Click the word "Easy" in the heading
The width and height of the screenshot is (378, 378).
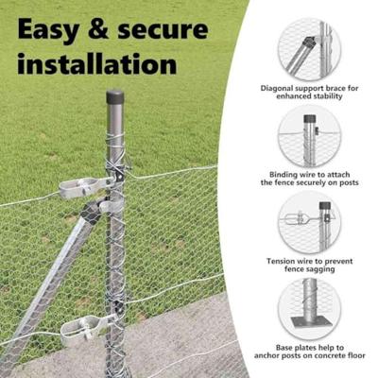[x=48, y=30]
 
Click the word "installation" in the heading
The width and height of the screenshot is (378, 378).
[x=97, y=63]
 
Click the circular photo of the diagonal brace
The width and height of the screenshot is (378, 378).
[x=309, y=50]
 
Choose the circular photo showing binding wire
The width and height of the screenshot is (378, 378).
[x=309, y=136]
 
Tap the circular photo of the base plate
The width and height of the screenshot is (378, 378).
[x=309, y=309]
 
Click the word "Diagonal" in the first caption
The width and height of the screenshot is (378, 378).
[x=277, y=88]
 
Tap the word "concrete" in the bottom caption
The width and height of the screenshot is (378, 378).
[x=332, y=356]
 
